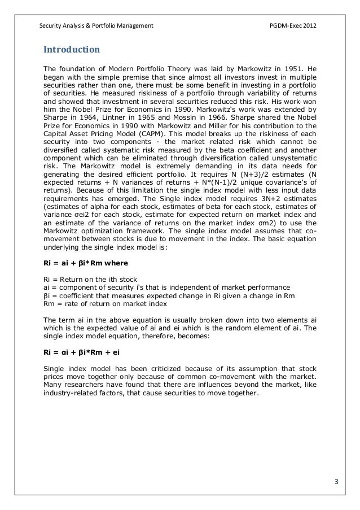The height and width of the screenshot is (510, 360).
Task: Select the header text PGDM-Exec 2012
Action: tap(297, 26)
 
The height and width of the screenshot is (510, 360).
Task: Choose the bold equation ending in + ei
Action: tap(81, 351)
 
